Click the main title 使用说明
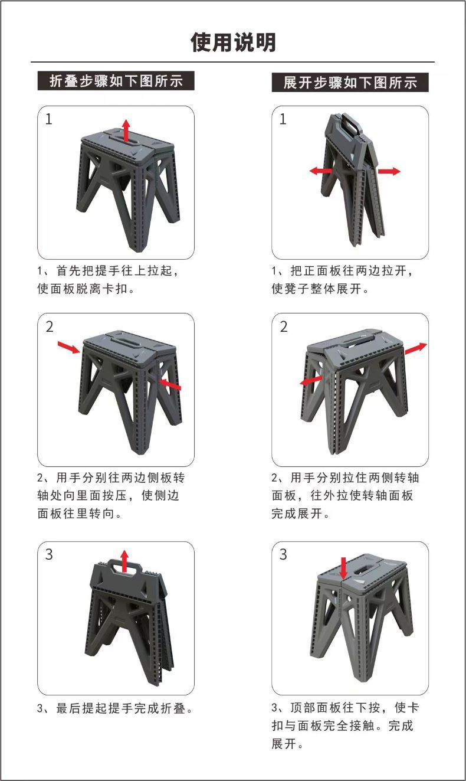click(233, 43)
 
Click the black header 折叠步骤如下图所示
click(116, 81)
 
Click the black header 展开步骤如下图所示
click(350, 82)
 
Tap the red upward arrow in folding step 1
click(126, 129)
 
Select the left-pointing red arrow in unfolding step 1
click(321, 171)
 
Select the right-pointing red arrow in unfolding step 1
click(389, 171)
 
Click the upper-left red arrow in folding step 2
click(68, 347)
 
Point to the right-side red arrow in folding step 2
click(170, 384)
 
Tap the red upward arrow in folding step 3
click(124, 560)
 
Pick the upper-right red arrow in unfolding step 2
click(416, 348)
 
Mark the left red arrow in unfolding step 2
click(311, 381)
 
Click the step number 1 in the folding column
click(49, 119)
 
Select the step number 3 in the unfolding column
click(283, 555)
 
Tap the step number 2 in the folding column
click(50, 326)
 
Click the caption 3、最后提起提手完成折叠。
click(116, 708)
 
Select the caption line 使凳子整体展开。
click(320, 289)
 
